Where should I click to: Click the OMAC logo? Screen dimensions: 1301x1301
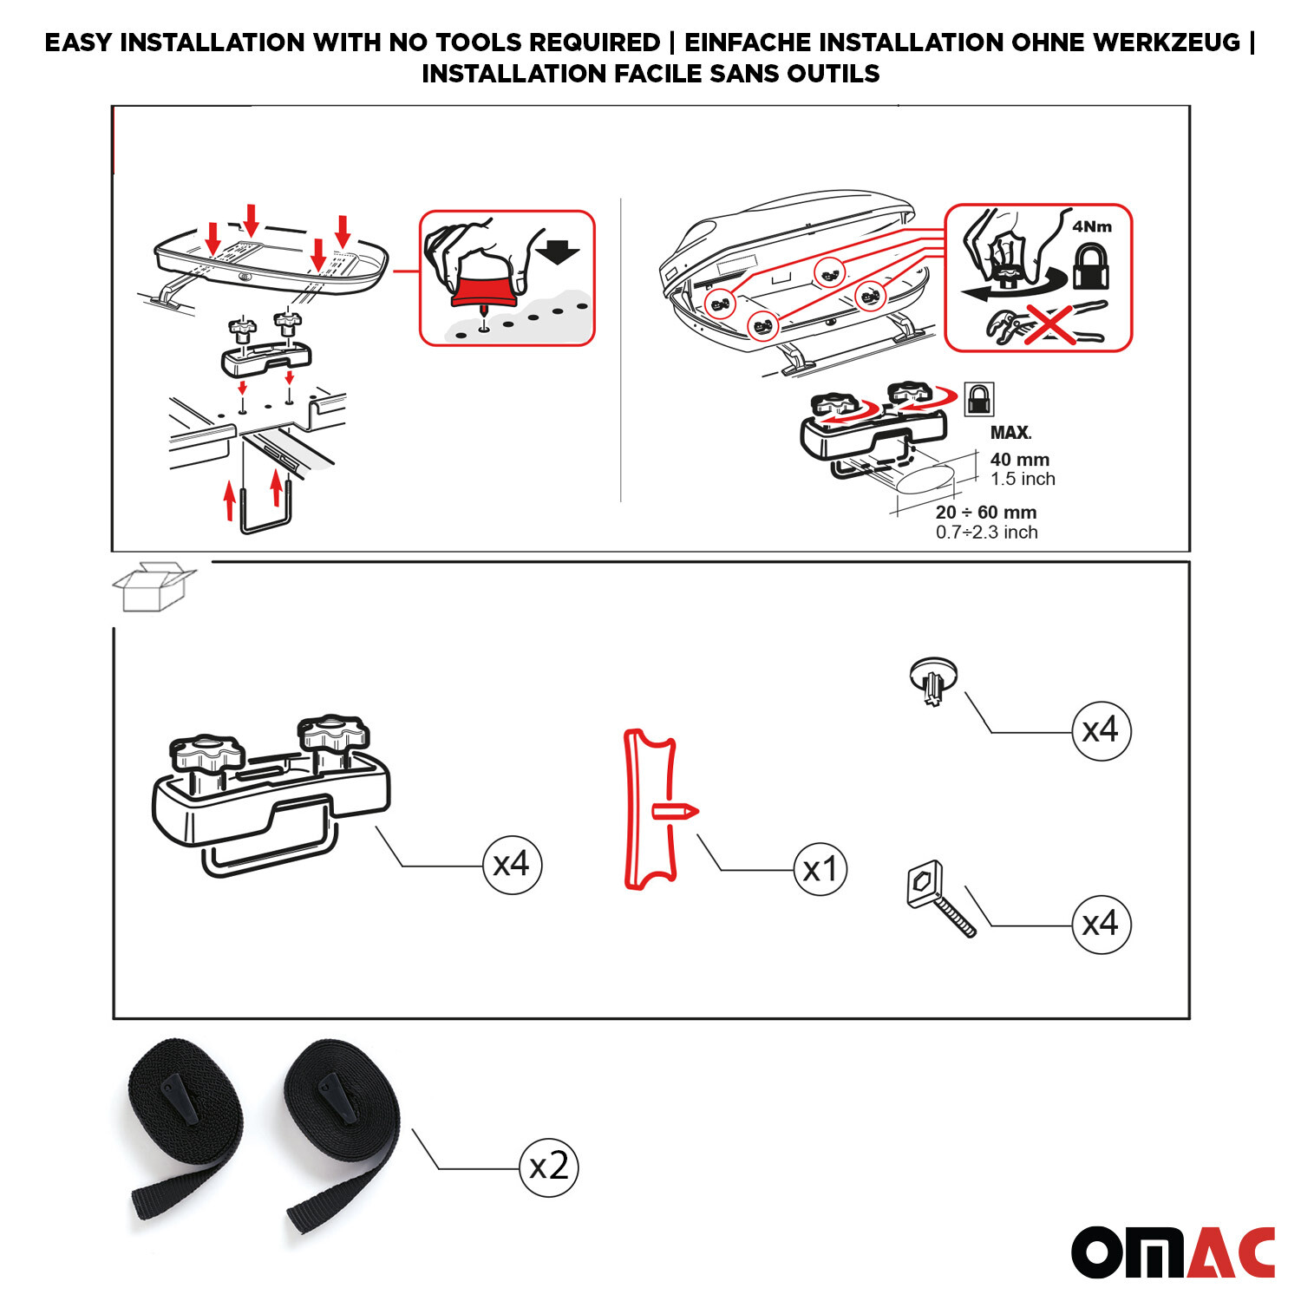[x=1173, y=1252]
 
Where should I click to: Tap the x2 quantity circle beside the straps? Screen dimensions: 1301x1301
[x=548, y=1167]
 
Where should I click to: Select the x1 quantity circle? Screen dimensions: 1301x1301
[x=820, y=869]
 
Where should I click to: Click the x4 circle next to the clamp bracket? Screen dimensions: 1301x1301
[x=512, y=864]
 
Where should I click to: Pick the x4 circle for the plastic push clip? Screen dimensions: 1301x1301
[x=1101, y=731]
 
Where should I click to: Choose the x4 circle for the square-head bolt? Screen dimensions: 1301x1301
[x=1101, y=925]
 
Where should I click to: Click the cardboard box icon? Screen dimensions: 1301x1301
[x=153, y=587]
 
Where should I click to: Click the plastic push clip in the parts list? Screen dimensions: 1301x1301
[x=933, y=680]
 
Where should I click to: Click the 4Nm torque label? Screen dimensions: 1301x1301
[x=1091, y=226]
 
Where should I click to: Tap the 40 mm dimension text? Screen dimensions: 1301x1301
[x=1019, y=460]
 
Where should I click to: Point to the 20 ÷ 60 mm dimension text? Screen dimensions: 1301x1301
[x=985, y=513]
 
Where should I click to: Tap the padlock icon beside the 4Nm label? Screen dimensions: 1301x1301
[x=1091, y=266]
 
